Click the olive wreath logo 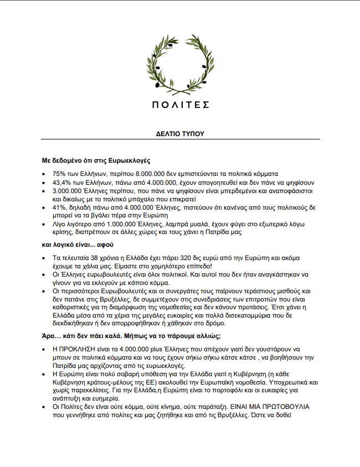(x=180, y=65)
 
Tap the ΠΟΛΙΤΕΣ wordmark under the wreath (x=180, y=104)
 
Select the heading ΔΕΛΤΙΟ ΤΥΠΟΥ (x=180, y=134)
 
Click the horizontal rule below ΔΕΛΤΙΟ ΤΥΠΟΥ (x=180, y=138)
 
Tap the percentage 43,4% (x=62, y=182)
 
